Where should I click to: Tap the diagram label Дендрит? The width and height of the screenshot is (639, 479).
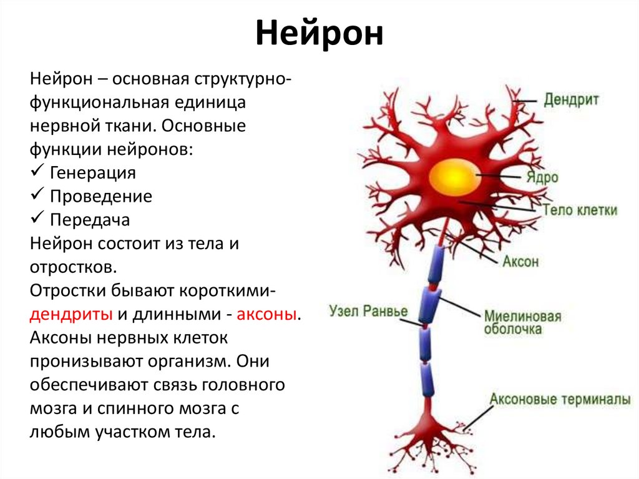571,100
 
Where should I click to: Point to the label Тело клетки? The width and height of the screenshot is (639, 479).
580,210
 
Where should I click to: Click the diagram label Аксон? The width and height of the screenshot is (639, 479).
520,261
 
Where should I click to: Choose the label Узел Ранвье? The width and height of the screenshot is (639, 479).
368,311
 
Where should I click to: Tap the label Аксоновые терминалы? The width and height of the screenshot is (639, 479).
560,398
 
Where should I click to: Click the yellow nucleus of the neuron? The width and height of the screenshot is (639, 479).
454,175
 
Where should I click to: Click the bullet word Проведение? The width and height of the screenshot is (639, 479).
101,196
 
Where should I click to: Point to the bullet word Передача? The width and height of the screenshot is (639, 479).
90,220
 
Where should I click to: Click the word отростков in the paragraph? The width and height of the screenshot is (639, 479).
72,267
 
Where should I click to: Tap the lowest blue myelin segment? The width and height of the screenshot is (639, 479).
428,379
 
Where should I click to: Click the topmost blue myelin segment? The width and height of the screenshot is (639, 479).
435,262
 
